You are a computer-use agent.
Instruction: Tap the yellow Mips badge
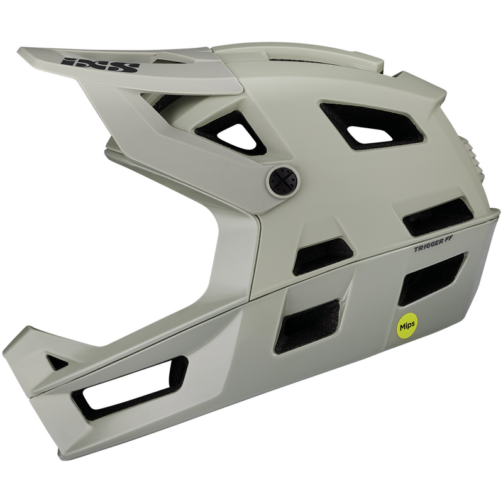pos(405,328)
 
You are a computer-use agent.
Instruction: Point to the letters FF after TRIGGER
pos(451,241)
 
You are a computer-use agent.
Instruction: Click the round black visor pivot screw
pos(282,180)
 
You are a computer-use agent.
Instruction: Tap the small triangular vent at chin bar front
pos(57,362)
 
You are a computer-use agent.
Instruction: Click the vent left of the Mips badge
pos(307,324)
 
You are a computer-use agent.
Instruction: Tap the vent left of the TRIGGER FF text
pos(321,255)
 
